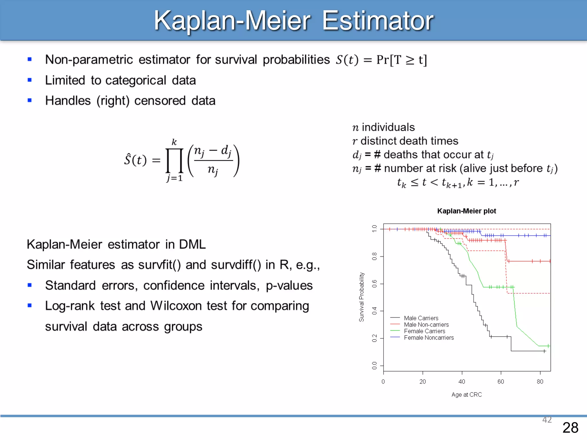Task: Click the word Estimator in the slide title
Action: click(x=377, y=21)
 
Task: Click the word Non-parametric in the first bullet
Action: click(x=89, y=60)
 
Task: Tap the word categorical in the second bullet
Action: click(x=136, y=80)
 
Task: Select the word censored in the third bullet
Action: click(x=160, y=101)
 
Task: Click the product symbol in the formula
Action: click(x=174, y=160)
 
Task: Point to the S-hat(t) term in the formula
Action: click(x=135, y=160)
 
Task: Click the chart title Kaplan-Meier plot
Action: click(x=466, y=211)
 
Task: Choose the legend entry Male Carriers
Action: click(x=421, y=318)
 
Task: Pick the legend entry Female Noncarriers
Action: click(x=428, y=338)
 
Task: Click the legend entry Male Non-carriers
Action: click(x=426, y=325)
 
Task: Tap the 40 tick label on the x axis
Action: click(x=461, y=382)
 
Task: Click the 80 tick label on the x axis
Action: click(x=540, y=382)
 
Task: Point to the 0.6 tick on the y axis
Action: click(x=375, y=284)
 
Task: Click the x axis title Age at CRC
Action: click(x=466, y=395)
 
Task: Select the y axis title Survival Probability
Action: click(x=361, y=297)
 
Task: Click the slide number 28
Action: click(x=570, y=428)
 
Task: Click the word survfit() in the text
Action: click(x=159, y=265)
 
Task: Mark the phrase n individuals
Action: click(x=383, y=127)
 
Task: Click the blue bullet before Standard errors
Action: click(x=30, y=285)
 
